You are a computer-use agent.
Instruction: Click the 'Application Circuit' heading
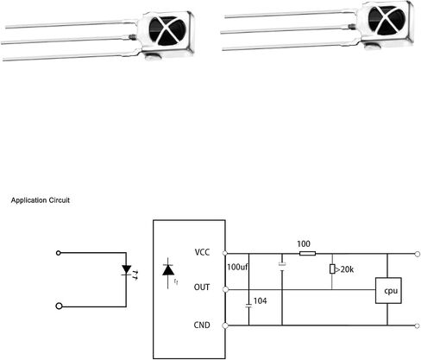click(x=41, y=200)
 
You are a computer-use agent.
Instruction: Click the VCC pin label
click(x=202, y=252)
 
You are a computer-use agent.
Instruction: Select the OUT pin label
click(x=202, y=287)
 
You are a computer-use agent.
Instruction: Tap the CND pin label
click(x=202, y=325)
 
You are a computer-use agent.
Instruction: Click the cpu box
click(x=388, y=290)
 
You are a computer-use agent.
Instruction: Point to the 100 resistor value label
click(x=304, y=244)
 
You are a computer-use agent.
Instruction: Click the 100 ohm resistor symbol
click(x=307, y=254)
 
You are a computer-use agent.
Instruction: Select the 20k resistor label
click(x=347, y=269)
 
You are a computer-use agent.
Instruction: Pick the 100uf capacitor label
click(x=237, y=267)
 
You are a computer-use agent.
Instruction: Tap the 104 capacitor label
click(x=260, y=301)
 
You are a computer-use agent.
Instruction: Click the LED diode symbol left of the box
click(x=127, y=270)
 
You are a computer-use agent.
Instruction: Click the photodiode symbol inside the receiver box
click(x=168, y=270)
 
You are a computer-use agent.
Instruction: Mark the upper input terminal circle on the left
click(x=59, y=253)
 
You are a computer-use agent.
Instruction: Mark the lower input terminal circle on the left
click(x=59, y=306)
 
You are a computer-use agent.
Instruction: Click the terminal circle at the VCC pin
click(x=225, y=253)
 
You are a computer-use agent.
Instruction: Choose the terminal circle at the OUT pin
click(x=226, y=289)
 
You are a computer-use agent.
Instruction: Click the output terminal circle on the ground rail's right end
click(x=418, y=325)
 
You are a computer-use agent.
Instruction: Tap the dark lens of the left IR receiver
click(x=167, y=31)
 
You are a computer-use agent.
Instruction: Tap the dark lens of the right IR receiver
click(x=386, y=20)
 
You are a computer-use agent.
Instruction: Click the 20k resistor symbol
click(x=332, y=269)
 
